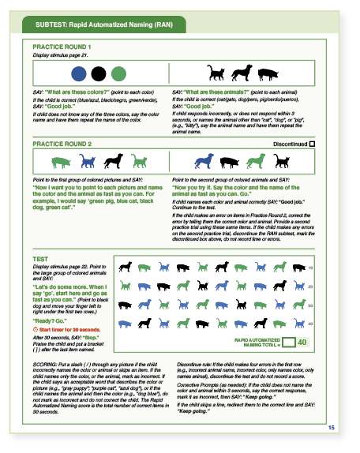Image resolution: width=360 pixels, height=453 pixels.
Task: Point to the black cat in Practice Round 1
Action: pos(215,74)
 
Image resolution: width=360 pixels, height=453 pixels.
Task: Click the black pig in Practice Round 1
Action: pos(266,74)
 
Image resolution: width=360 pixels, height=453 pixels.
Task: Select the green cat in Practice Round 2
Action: pos(140,162)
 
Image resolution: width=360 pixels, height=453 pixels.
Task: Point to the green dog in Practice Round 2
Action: pos(254,162)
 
